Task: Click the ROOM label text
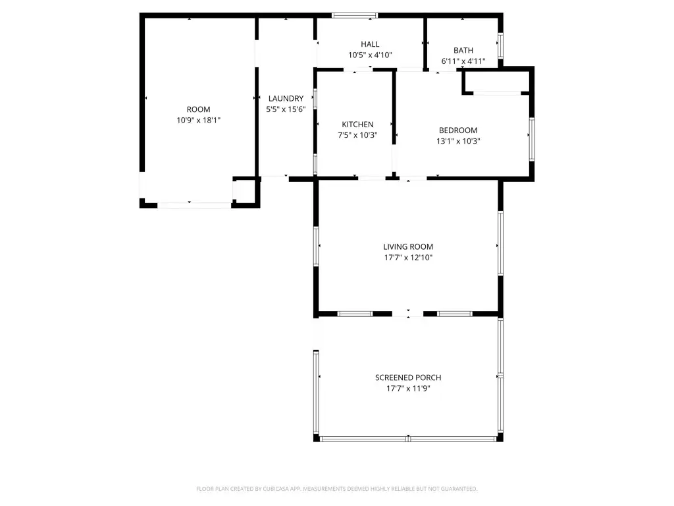tap(198, 109)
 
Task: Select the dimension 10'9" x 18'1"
tap(198, 121)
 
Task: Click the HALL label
tap(370, 44)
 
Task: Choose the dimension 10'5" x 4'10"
tap(370, 55)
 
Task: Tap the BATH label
tap(463, 51)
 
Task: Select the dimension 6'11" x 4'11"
tap(463, 62)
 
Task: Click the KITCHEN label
tap(357, 125)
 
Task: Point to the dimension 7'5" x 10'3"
tap(357, 136)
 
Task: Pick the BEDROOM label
tap(458, 130)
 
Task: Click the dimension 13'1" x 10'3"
tap(458, 141)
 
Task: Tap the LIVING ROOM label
tap(408, 247)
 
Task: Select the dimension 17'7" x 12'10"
tap(408, 258)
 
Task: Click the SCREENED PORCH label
tap(408, 378)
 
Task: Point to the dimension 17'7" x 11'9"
tap(408, 389)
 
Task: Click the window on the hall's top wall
tap(354, 15)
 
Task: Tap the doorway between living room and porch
tap(408, 314)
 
